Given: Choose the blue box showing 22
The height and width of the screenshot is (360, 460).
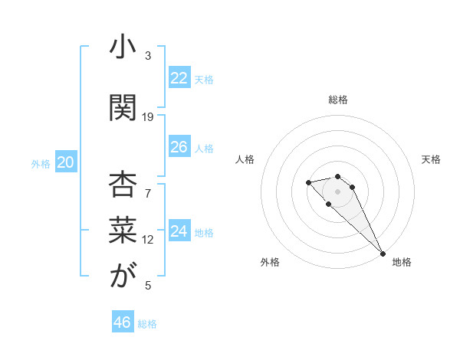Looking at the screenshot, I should coord(179,78).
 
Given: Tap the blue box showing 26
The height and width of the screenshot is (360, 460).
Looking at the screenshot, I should coord(179,147).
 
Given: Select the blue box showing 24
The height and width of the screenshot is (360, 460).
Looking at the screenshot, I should coord(179,231).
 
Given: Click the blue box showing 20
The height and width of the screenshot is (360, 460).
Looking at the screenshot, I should coord(66,162).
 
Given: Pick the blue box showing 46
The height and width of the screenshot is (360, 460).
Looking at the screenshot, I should coord(123,322).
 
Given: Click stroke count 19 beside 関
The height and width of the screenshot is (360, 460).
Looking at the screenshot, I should coord(148,117).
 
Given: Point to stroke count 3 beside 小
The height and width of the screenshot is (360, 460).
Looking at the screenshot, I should coord(148,56).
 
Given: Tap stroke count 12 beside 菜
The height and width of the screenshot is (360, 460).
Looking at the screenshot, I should coord(148,240).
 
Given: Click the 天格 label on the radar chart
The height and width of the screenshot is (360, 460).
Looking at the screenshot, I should coord(431,159).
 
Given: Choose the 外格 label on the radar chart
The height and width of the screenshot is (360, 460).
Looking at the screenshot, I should coord(270,262).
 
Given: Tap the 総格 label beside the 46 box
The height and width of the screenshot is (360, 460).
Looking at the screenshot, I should coord(147,324).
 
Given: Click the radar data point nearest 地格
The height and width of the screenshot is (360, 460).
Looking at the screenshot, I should coord(382,254).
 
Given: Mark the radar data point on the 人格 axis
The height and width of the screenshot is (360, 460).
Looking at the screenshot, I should coord(308,182).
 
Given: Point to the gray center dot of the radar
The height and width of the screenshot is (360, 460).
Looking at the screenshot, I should coord(338,191).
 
